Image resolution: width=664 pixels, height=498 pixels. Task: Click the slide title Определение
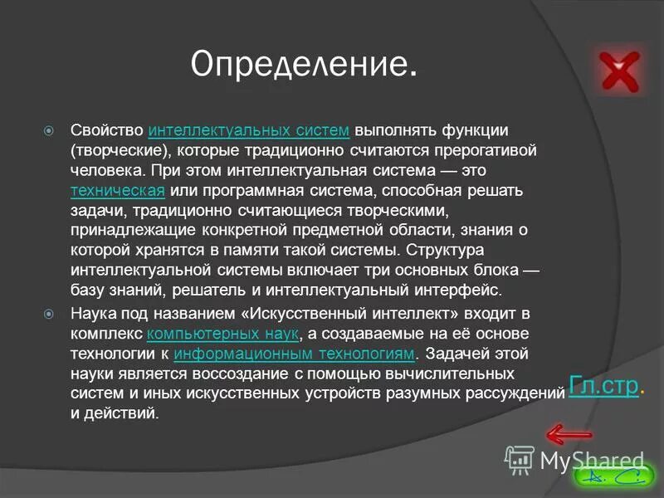point(304,65)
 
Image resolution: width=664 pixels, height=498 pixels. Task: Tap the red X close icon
point(620,70)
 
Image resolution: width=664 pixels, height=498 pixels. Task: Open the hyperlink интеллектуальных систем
point(249,131)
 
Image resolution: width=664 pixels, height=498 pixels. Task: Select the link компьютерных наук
point(222,334)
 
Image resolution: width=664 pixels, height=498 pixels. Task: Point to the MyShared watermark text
point(592,459)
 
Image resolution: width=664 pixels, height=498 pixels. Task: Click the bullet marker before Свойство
point(49,131)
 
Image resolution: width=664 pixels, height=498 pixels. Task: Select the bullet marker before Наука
point(49,314)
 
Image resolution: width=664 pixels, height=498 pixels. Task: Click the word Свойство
point(107,131)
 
